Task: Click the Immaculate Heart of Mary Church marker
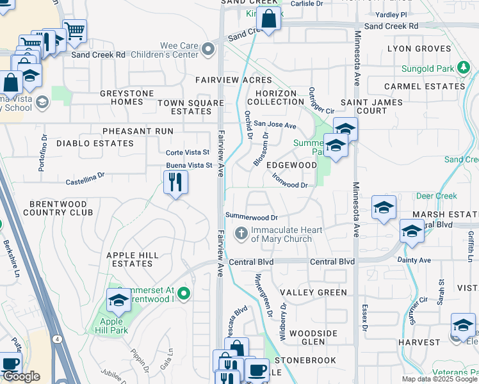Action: pos(241,233)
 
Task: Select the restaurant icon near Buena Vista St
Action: pos(175,183)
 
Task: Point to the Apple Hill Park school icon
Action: pos(118,300)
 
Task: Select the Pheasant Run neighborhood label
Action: pos(138,131)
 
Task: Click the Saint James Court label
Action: pos(372,106)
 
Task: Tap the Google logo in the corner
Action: pos(21,376)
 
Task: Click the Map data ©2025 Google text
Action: pos(439,379)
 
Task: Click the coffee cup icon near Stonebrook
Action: pos(257,369)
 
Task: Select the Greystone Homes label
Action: pos(127,97)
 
